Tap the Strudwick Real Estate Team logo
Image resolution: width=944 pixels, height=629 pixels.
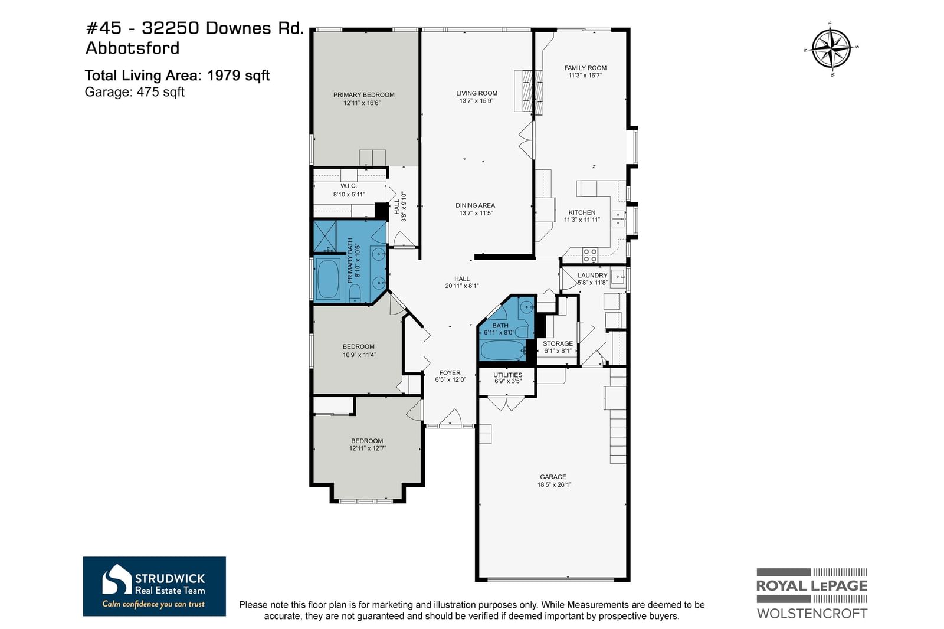154,586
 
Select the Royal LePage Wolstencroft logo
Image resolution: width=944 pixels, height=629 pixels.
812,594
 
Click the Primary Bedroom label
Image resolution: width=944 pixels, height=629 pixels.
363,95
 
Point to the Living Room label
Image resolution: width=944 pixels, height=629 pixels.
477,93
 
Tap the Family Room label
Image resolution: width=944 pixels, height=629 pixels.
585,68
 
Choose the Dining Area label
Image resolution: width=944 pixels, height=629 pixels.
475,205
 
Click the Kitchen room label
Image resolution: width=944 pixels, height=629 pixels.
582,212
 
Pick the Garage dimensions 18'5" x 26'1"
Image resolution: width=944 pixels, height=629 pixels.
554,485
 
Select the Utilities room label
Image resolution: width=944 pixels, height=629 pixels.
508,375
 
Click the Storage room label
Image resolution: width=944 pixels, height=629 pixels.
558,343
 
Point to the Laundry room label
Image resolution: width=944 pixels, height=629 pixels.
592,276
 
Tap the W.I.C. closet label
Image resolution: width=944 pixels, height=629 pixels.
349,186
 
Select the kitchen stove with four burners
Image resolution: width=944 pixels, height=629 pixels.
590,255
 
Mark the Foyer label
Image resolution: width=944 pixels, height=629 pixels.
450,373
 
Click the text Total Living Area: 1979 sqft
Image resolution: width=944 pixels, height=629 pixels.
177,76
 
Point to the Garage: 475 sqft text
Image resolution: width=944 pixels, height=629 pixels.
135,92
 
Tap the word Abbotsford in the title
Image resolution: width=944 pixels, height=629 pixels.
132,48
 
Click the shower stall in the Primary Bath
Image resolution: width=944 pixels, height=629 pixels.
325,236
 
